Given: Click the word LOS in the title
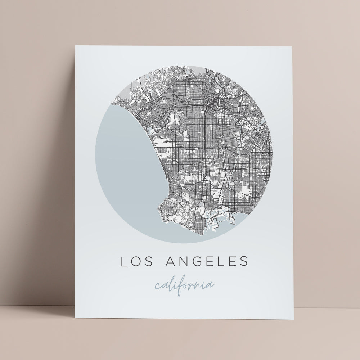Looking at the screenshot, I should [x=135, y=262].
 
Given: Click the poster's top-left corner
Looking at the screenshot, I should [x=76, y=46].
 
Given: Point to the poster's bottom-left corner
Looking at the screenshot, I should [x=75, y=318].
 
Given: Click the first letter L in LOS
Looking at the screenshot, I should [x=123, y=262].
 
